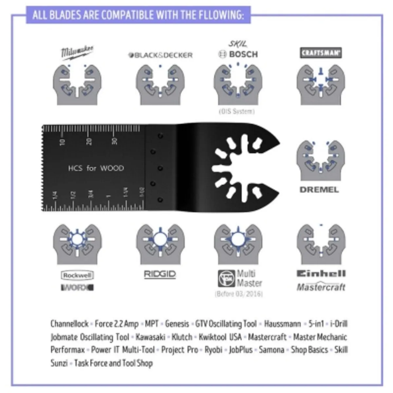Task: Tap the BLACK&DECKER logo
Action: tap(160, 55)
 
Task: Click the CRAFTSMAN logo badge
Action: tap(321, 53)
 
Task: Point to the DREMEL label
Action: tap(319, 190)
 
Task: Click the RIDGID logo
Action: tap(160, 274)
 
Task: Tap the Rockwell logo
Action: tap(77, 275)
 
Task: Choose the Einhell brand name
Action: tap(321, 273)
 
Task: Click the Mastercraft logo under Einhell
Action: tap(321, 287)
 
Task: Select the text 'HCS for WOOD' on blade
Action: tap(96, 168)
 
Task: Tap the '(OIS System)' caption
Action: tap(236, 111)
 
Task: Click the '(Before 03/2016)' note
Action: tap(239, 294)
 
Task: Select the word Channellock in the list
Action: tap(69, 324)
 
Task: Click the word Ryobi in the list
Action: tap(213, 350)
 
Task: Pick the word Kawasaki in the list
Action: tap(150, 337)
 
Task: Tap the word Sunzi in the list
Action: tap(59, 363)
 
